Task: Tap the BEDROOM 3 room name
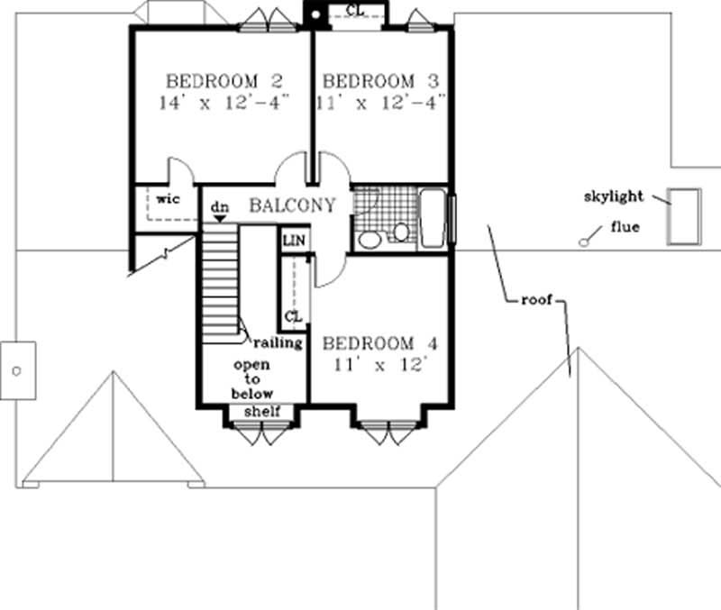pyautogui.click(x=381, y=81)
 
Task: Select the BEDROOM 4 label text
pyautogui.click(x=380, y=344)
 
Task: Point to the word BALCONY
pyautogui.click(x=292, y=205)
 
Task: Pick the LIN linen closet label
pyautogui.click(x=293, y=241)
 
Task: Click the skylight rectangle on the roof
pyautogui.click(x=682, y=216)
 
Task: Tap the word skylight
pyautogui.click(x=613, y=196)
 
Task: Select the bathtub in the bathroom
pyautogui.click(x=434, y=219)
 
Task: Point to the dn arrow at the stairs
pyautogui.click(x=218, y=218)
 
